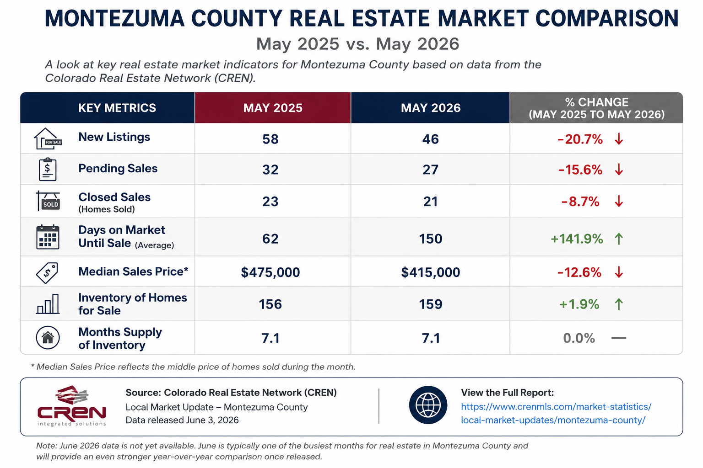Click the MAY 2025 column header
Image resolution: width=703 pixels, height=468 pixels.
pos(273,108)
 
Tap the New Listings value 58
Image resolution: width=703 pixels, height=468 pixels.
pos(270,139)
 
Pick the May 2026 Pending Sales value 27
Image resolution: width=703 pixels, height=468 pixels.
pos(430,170)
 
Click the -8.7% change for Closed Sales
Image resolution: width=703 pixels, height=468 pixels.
pos(580,202)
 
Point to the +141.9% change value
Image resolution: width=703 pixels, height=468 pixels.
pos(577,239)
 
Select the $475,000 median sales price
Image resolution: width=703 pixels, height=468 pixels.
pos(270,272)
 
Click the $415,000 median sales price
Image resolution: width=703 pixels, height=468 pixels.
pos(430,272)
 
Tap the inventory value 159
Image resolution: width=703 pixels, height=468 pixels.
pos(430,304)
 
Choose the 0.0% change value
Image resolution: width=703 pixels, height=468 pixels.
pos(579,338)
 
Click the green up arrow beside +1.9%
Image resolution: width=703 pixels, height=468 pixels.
pos(619,304)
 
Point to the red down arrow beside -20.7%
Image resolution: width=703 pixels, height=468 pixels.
pos(619,139)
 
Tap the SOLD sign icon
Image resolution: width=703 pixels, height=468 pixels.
pos(48,201)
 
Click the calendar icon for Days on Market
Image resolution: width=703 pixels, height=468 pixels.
pos(48,237)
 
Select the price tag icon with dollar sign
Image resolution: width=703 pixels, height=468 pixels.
pos(47,273)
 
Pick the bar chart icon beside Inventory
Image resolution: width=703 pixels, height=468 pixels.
pos(48,304)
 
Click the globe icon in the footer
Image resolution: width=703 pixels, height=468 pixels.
pos(428,405)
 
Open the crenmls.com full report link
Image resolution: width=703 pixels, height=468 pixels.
pos(556,414)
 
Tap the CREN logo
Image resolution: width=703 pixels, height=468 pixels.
pos(71,406)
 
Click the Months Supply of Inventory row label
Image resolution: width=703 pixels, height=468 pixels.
pos(120,339)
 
